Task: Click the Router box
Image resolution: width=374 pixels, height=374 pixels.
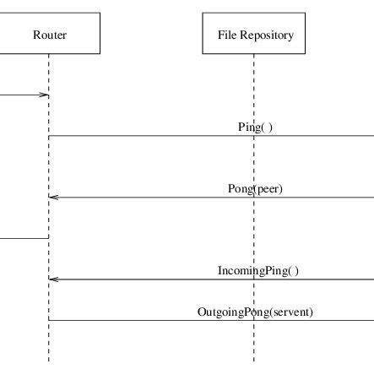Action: pyautogui.click(x=50, y=34)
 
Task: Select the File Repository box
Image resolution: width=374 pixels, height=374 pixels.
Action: pyautogui.click(x=254, y=34)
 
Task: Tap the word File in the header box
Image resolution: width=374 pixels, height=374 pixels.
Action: pyautogui.click(x=227, y=35)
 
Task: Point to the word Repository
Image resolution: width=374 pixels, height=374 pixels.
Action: pyautogui.click(x=266, y=35)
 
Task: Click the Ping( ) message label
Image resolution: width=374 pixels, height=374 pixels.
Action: pyautogui.click(x=255, y=127)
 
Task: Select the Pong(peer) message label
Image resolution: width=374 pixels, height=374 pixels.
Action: pyautogui.click(x=255, y=188)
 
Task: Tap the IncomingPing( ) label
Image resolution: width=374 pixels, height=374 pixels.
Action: pyautogui.click(x=258, y=271)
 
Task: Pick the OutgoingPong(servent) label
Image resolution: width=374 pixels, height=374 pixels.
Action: pyautogui.click(x=255, y=312)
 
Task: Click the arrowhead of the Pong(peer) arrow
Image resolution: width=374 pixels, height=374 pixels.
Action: pyautogui.click(x=53, y=198)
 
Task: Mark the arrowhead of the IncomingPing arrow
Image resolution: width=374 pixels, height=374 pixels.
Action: pyautogui.click(x=53, y=279)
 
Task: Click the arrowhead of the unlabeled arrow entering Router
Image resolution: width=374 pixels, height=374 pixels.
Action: pyautogui.click(x=46, y=95)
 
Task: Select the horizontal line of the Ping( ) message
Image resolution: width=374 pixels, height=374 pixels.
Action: pyautogui.click(x=152, y=136)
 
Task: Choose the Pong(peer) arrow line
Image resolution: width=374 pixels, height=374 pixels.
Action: pyautogui.click(x=152, y=198)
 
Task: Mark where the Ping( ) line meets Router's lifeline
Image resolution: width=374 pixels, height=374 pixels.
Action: pyautogui.click(x=49, y=136)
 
